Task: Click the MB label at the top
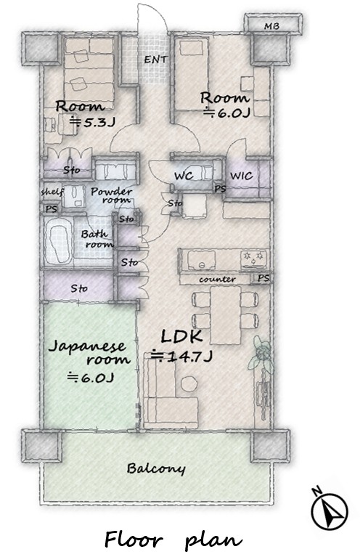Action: click(271, 26)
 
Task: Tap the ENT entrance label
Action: click(155, 60)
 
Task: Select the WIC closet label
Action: click(242, 176)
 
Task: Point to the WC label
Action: click(184, 176)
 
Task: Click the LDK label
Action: click(181, 336)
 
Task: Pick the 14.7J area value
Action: click(181, 356)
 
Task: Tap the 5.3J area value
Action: click(92, 122)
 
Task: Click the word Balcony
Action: click(156, 469)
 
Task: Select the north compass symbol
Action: click(329, 511)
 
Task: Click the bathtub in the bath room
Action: click(59, 240)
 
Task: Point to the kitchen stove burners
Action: click(254, 259)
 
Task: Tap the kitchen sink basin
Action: click(201, 260)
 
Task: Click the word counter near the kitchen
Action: click(217, 279)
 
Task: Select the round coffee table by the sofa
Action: click(189, 384)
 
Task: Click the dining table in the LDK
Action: click(226, 315)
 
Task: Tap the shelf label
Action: click(52, 192)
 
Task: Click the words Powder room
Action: click(111, 195)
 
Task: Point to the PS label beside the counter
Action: click(263, 278)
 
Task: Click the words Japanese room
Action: click(89, 352)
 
